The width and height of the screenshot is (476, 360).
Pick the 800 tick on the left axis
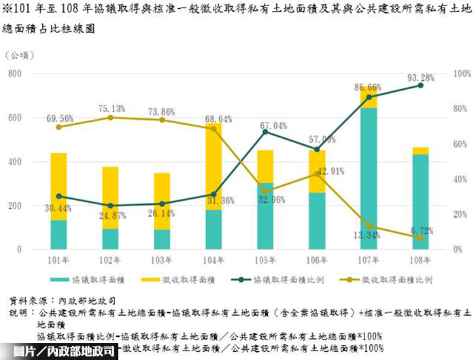[33, 73]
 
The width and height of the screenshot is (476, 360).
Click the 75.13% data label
[111, 108]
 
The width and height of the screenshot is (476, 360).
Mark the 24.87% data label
[111, 216]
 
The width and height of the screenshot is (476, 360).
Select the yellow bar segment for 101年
[58, 186]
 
